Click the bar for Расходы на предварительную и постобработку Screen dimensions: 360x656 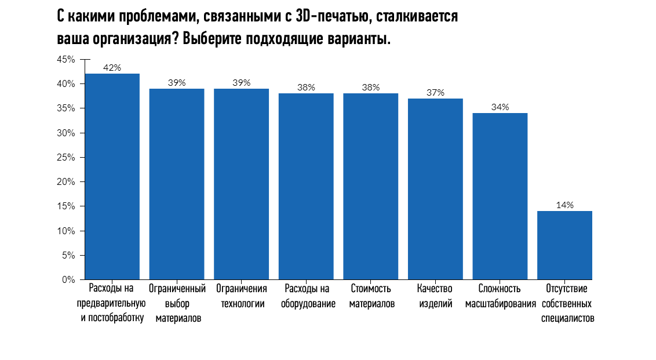click(112, 176)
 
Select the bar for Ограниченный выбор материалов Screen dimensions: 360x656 click(177, 184)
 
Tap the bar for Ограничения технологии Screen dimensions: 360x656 click(241, 184)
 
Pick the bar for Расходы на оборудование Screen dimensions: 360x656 click(306, 186)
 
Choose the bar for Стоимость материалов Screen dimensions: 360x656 click(371, 186)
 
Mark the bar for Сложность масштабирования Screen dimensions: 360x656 click(500, 196)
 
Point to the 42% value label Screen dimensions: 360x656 click(112, 67)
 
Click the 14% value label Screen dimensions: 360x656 click(564, 205)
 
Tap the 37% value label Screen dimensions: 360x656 click(435, 92)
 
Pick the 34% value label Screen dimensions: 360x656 click(500, 107)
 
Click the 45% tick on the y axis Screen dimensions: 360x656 click(66, 60)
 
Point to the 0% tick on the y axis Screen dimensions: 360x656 click(68, 279)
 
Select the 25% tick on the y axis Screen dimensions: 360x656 click(66, 158)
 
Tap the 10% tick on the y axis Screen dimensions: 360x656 click(66, 231)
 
